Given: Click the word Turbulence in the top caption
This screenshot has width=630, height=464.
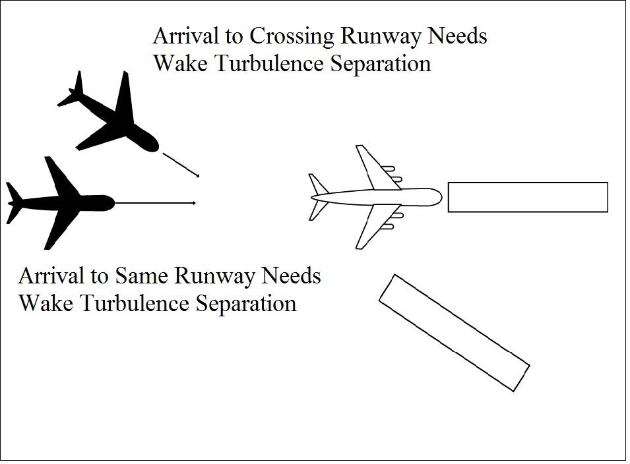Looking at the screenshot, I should [265, 65].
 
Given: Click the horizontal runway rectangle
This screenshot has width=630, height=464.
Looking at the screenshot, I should [528, 197].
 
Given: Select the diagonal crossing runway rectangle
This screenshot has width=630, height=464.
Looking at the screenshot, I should [454, 332].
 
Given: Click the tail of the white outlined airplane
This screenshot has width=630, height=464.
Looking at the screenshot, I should [318, 196].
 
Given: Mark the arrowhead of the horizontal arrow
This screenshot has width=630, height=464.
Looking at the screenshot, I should [193, 203].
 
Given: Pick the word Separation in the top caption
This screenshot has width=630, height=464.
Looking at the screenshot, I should [379, 65].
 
